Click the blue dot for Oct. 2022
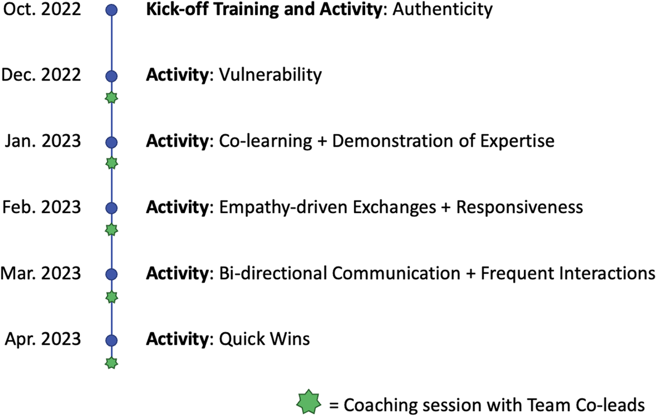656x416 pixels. [112, 10]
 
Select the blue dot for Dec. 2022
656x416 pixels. [112, 76]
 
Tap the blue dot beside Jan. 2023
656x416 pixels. [112, 142]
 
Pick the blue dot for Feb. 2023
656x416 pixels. [112, 208]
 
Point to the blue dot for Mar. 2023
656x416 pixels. [112, 275]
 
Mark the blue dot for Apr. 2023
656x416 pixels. [112, 341]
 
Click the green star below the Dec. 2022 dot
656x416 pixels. [112, 97]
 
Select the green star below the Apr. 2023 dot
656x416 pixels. [112, 363]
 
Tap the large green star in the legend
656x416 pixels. [308, 401]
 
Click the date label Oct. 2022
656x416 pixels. [42, 9]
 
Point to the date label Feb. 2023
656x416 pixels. [42, 207]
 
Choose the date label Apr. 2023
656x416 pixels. [43, 340]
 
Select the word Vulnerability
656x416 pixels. [270, 75]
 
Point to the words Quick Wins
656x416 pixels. [264, 340]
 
